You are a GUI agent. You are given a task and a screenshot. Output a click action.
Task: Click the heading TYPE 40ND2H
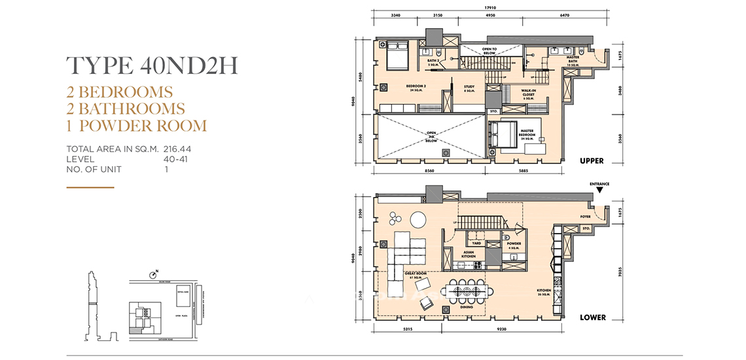coord(152,67)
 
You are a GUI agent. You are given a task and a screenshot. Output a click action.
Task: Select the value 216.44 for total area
coord(177,149)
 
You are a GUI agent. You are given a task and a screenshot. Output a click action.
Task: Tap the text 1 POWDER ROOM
coord(137,126)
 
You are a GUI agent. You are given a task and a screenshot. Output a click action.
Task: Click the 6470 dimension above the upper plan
coord(565,14)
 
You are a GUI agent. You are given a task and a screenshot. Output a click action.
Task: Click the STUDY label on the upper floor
coord(469,87)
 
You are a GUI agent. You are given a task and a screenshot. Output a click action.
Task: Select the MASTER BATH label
coord(573,60)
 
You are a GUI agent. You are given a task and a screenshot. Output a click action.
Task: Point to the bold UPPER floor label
coord(591,161)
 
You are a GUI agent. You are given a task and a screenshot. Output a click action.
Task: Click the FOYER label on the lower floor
coord(585,216)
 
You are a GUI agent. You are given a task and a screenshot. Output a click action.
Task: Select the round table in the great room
coord(417,219)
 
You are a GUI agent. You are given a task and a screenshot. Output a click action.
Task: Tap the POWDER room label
coord(513,246)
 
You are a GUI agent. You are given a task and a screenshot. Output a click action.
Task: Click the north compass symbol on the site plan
coord(154,274)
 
